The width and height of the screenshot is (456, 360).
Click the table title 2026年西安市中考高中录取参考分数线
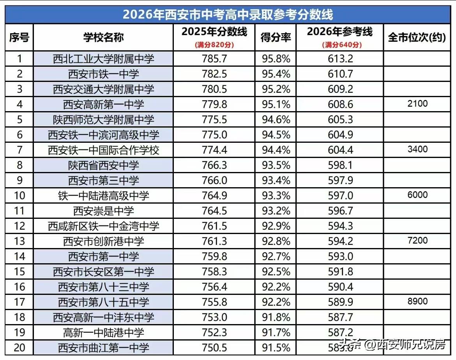click(228, 15)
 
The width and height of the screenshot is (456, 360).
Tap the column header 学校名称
click(103, 37)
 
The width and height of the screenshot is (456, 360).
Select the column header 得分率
click(276, 37)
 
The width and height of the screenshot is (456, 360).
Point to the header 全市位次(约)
click(417, 37)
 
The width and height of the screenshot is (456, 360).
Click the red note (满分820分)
click(214, 45)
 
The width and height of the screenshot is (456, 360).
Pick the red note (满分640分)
click(340, 45)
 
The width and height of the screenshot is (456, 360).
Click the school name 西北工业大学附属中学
click(103, 59)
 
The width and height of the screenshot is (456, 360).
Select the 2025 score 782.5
click(214, 74)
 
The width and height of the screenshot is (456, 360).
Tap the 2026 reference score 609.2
click(340, 89)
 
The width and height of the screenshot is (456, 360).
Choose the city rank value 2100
click(417, 104)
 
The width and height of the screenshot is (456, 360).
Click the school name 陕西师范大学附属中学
click(103, 120)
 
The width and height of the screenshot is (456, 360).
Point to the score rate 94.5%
click(276, 135)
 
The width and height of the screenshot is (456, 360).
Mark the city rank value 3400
click(417, 149)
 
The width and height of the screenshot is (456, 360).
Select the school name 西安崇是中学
click(103, 211)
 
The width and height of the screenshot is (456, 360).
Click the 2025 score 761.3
click(214, 241)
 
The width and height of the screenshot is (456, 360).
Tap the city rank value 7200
click(417, 240)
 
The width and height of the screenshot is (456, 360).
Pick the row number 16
click(19, 287)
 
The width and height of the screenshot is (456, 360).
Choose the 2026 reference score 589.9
click(340, 302)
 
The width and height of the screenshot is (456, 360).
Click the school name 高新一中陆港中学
click(103, 332)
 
